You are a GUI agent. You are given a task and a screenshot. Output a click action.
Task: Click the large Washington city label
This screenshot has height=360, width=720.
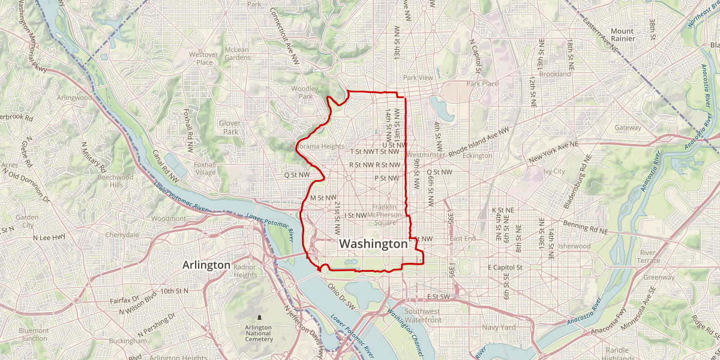click(x=373, y=244)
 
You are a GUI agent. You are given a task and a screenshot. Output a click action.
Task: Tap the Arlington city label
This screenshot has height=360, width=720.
click(x=206, y=265)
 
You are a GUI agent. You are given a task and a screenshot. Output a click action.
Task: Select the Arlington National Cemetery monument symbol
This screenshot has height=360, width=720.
click(x=259, y=317)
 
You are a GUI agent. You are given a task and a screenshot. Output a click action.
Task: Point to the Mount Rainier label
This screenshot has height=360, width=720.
click(x=622, y=34)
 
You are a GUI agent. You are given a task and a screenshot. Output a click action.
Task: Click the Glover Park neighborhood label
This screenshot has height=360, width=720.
click(x=229, y=127)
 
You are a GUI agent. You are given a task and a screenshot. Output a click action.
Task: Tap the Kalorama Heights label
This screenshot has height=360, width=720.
click(x=317, y=146)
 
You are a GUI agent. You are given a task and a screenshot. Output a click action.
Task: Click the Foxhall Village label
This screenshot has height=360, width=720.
click(x=205, y=168)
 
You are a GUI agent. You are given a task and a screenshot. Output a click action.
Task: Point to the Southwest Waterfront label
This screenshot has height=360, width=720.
click(x=423, y=316)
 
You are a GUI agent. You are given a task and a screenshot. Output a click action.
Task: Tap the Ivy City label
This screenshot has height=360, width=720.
click(x=554, y=172)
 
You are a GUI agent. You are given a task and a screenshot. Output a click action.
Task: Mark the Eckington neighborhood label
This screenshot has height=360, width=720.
click(x=478, y=156)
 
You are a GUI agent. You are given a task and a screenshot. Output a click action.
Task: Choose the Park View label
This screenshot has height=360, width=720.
click(x=418, y=78)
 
